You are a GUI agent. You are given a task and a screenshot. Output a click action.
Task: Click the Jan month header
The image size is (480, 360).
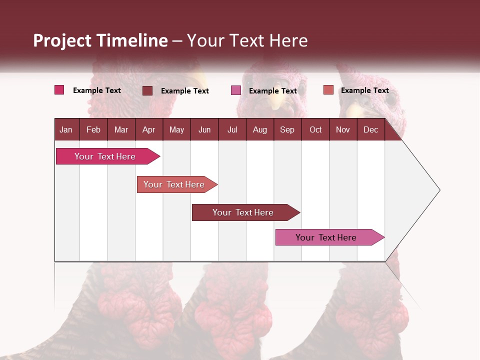tap(66, 130)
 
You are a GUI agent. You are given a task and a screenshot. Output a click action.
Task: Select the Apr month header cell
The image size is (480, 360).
tap(148, 130)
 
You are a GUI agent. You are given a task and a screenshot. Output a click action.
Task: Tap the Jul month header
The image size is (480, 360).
tap(232, 130)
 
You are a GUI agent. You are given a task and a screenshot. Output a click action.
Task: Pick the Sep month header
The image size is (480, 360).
tap(287, 130)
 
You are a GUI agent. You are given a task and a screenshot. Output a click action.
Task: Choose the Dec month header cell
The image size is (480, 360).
tap(370, 130)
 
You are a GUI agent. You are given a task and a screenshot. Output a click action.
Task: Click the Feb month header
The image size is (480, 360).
tap(93, 130)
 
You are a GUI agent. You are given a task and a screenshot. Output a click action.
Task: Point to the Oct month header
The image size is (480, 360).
tap(315, 130)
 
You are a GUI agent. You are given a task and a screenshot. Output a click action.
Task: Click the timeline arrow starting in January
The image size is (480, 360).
tap(105, 156)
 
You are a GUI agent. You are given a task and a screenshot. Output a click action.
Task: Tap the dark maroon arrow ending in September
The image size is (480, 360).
tap(243, 212)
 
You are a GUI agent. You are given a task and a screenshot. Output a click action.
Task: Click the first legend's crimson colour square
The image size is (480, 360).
tap(59, 90)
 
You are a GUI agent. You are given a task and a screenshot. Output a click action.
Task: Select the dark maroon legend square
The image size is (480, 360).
tap(147, 90)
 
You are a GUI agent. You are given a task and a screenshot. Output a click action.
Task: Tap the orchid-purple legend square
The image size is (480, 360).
tap(236, 90)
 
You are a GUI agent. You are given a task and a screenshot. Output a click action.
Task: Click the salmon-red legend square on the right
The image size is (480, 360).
tap(328, 90)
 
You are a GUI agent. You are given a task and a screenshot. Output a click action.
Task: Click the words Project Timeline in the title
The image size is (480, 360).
tap(100, 40)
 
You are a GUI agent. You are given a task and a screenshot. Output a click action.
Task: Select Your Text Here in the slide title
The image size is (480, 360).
tap(247, 40)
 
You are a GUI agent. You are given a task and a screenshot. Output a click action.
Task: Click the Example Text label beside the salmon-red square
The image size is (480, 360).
tap(364, 90)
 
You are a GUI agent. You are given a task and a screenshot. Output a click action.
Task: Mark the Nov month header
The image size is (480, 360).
tap(343, 130)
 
